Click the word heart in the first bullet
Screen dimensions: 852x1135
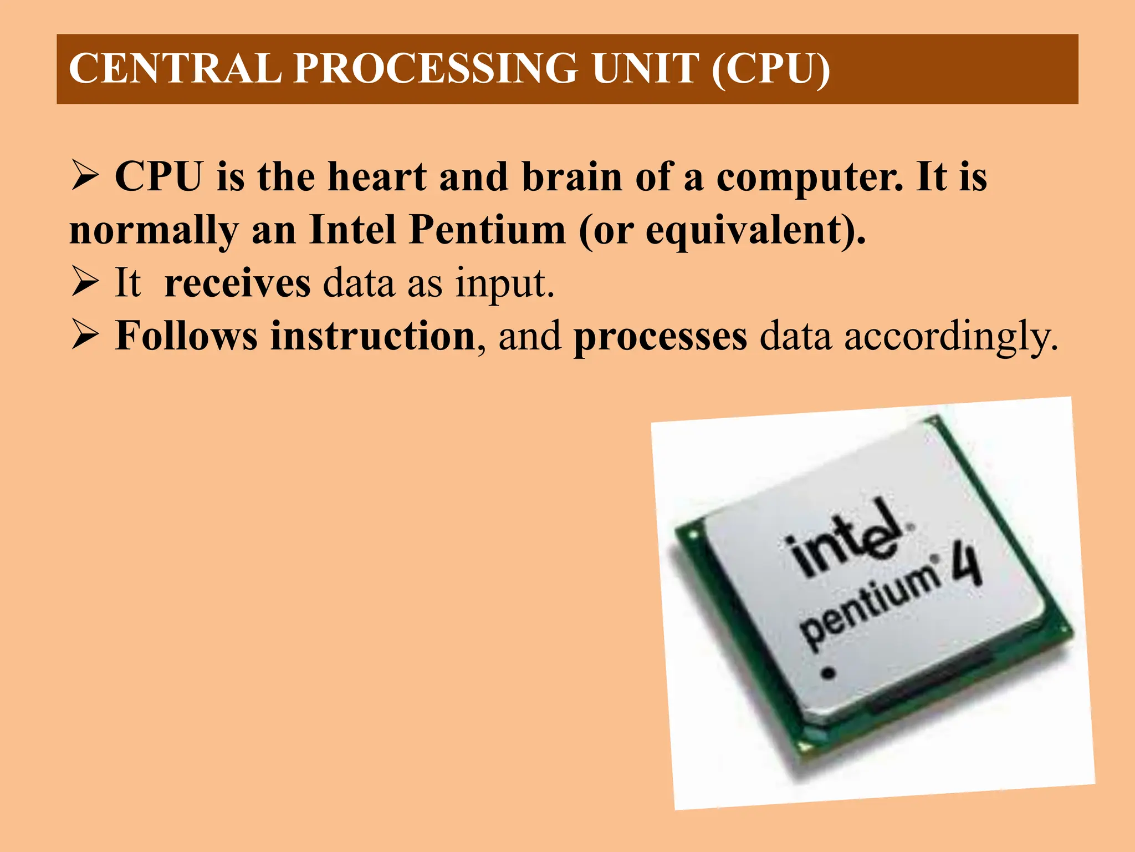coord(377,177)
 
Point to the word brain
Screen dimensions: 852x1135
coord(572,177)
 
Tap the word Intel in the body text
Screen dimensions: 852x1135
coord(352,230)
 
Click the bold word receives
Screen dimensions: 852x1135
coord(237,283)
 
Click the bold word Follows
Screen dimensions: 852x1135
coord(186,336)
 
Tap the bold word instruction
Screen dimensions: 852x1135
coord(372,336)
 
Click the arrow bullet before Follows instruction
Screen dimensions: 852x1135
coord(85,337)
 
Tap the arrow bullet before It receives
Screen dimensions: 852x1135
coord(85,282)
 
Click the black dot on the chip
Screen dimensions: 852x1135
coord(828,673)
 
